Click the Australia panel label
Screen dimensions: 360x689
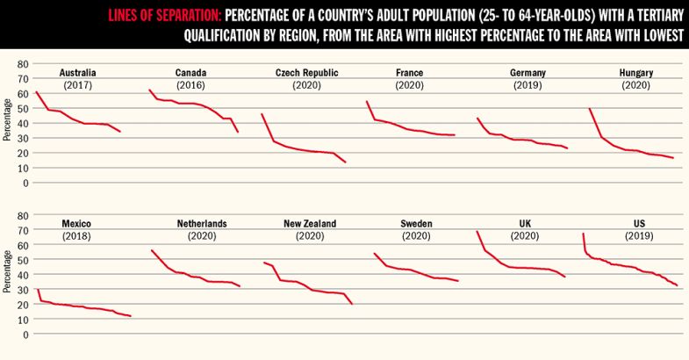pyautogui.click(x=77, y=72)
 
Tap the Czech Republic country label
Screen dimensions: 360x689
pyautogui.click(x=307, y=72)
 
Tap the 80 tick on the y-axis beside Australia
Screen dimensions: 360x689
pyautogui.click(x=24, y=64)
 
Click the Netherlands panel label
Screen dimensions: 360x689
pyautogui.click(x=202, y=224)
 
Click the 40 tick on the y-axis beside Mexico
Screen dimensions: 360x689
pyautogui.click(x=24, y=275)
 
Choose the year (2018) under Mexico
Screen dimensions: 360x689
pyautogui.click(x=77, y=237)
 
